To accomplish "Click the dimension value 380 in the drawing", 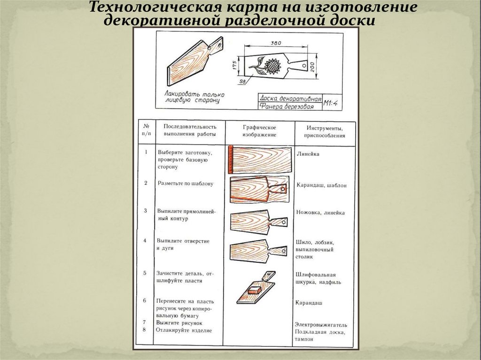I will (276, 43).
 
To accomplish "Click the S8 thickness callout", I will (243, 82).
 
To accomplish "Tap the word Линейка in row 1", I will (309, 153).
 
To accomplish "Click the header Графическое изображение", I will (259, 131).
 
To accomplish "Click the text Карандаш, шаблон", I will (321, 185).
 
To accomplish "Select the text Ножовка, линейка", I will (320, 213).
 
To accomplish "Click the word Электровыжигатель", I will (321, 324).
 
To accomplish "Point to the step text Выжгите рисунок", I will (180, 323).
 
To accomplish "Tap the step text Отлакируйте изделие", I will (185, 330).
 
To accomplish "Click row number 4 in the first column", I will (146, 240).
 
